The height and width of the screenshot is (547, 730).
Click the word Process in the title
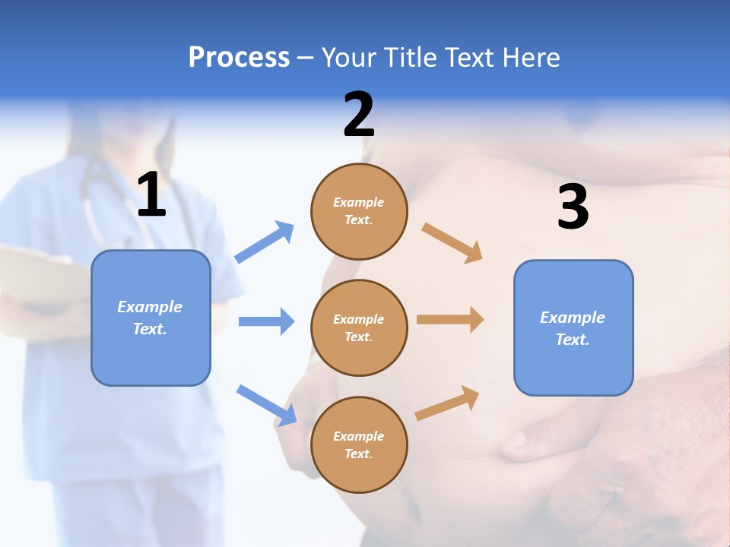[239, 57]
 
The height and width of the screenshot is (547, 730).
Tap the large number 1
[151, 195]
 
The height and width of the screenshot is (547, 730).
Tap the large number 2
[359, 115]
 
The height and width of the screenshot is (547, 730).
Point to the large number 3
[573, 207]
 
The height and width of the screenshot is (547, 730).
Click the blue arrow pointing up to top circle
[265, 242]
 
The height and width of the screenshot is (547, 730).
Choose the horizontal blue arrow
[266, 321]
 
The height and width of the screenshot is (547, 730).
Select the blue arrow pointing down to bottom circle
[266, 405]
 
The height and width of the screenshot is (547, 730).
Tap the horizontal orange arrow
[450, 319]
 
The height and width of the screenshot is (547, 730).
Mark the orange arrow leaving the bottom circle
[447, 403]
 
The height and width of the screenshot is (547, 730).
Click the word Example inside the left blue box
[150, 307]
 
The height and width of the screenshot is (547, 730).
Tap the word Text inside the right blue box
[572, 340]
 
